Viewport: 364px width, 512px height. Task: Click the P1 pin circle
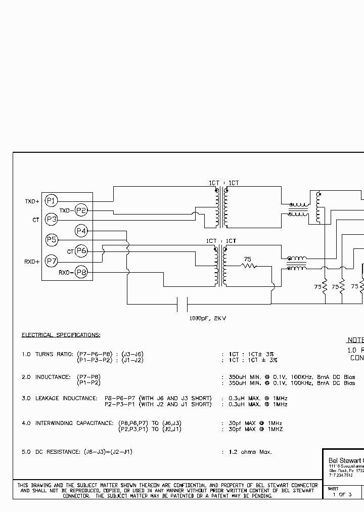[x=51, y=201]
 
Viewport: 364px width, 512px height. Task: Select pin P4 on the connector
[x=81, y=231]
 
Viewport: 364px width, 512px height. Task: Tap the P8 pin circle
[x=81, y=272]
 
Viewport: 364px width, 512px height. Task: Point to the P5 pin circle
[x=51, y=240]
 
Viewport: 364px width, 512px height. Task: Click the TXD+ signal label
[x=32, y=201]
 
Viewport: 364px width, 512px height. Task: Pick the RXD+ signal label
[x=32, y=262]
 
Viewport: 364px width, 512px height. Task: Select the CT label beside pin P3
[x=35, y=220]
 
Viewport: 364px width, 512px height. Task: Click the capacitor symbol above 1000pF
[x=183, y=304]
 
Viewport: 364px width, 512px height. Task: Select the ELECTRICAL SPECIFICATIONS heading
[x=61, y=335]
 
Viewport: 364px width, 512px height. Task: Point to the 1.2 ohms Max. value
[x=250, y=452]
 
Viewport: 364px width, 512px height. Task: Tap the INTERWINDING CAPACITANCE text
[x=74, y=423]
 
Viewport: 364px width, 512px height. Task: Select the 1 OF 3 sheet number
[x=342, y=494]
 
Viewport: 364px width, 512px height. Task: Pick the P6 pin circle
[x=81, y=251]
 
